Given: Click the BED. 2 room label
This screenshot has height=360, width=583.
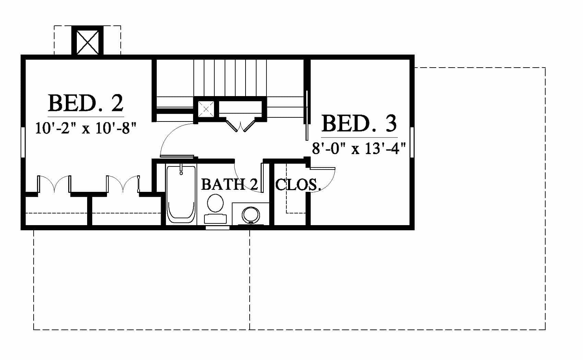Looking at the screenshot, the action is tap(86, 103).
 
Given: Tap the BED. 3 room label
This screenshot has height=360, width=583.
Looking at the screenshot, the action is tap(359, 124).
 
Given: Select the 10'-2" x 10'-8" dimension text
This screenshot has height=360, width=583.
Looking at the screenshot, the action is tap(86, 128).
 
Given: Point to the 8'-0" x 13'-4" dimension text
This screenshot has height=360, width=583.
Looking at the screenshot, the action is tap(359, 149).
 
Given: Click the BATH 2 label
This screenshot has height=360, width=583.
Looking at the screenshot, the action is tap(229, 184).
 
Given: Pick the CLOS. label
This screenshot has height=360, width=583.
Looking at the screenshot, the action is tap(298, 185).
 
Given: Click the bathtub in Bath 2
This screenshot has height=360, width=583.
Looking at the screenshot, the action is tap(181, 194).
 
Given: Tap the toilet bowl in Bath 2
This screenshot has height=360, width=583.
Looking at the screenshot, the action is tap(215, 203).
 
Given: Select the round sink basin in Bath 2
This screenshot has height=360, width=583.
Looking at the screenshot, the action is tap(251, 215).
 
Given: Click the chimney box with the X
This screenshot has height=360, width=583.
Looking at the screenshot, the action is tap(87, 42).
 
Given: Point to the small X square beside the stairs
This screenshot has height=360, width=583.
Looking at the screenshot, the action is tap(206, 109).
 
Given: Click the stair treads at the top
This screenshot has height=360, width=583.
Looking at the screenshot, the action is tap(230, 78).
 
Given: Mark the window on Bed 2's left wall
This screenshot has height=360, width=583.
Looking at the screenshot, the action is tap(23, 142).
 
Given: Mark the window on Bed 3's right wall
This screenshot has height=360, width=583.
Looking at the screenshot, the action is tap(412, 142).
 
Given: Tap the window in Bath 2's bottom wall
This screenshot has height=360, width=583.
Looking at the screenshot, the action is tap(217, 228).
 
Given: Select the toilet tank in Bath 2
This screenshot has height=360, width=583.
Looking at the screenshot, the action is tap(215, 219).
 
